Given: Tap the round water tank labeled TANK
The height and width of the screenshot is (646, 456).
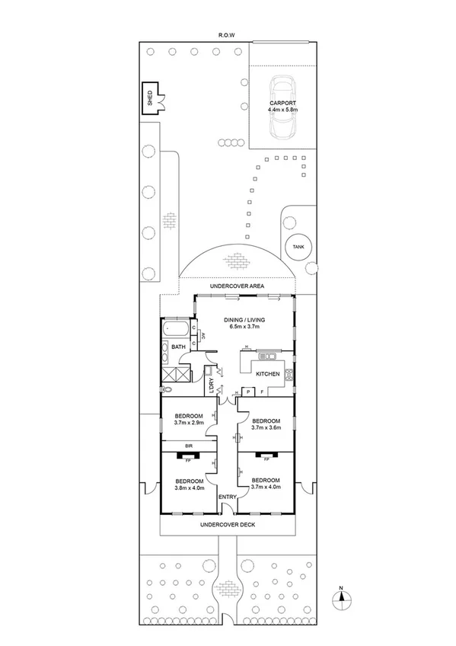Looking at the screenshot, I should click(295, 246).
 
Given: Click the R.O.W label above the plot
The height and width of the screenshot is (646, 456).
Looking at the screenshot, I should click(227, 36).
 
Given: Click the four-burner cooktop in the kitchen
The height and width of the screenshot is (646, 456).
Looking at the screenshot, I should click(289, 373).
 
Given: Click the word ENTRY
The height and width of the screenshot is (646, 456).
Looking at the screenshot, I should click(228, 497).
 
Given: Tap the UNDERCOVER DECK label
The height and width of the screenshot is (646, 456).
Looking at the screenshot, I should click(228, 526).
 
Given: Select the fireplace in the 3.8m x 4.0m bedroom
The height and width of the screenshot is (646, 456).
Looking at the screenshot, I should click(187, 457).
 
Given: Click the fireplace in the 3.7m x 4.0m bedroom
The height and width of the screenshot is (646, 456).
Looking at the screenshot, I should click(266, 457).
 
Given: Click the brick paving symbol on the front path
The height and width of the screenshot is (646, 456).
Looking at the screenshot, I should click(228, 587).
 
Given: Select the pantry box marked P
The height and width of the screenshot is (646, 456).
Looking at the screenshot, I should click(249, 392).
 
